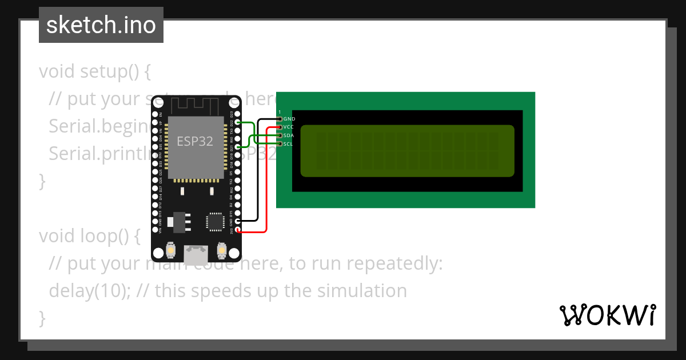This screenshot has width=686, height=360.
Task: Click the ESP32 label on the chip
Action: click(195, 141)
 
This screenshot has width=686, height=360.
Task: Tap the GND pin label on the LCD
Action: click(289, 119)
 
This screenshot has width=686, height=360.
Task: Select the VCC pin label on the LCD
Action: click(289, 127)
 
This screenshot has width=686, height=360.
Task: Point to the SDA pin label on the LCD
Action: click(289, 135)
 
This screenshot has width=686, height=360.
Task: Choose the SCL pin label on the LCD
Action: click(289, 143)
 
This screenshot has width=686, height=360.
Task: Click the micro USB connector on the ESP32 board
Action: click(196, 253)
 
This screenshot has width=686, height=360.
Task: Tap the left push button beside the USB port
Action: click(170, 250)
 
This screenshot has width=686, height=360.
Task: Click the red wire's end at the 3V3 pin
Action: click(238, 230)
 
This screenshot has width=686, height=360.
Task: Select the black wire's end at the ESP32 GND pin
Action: click(238, 221)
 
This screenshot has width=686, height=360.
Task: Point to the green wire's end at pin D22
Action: click(238, 122)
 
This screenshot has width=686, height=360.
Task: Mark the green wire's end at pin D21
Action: click(238, 147)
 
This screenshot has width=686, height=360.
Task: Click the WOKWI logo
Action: click(608, 315)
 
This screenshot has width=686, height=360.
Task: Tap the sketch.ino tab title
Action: click(101, 25)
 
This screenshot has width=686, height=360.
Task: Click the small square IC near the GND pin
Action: click(216, 222)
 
